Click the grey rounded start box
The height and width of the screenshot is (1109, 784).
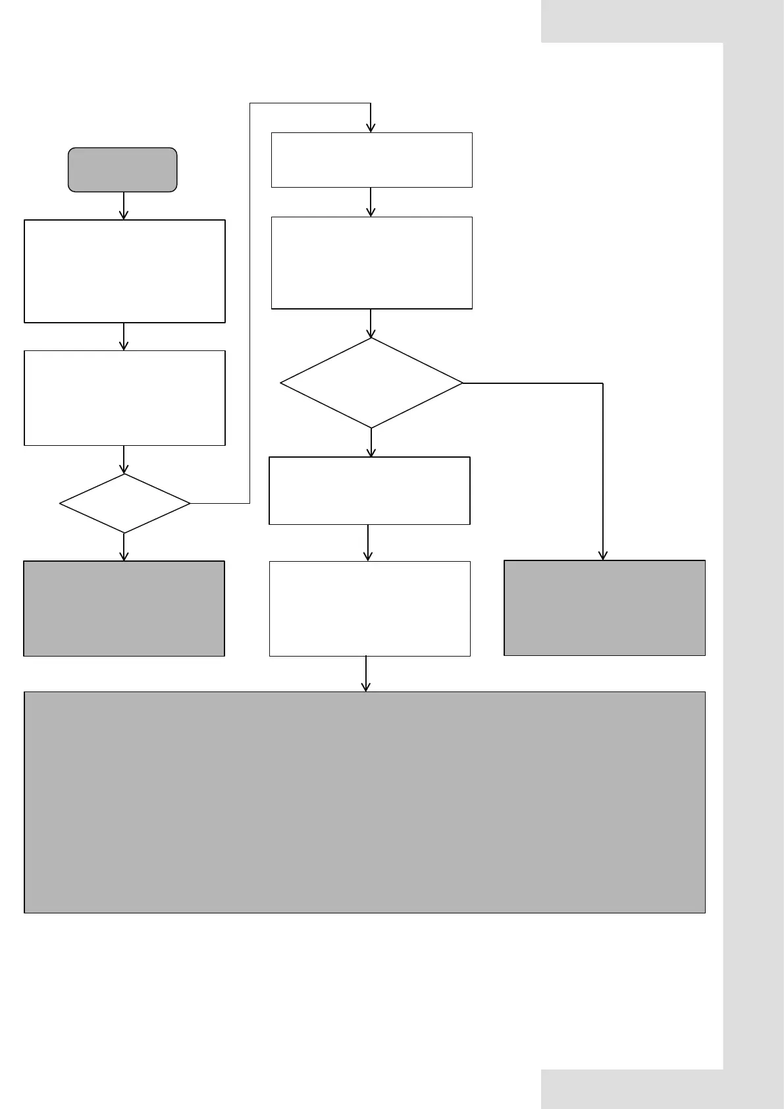[122, 170]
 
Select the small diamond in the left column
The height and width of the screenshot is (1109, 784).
[124, 504]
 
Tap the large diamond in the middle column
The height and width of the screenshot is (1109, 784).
[371, 383]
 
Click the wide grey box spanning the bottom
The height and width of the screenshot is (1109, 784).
[365, 802]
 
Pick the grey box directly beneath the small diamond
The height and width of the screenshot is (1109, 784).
[124, 609]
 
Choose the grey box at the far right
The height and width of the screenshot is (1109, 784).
[604, 608]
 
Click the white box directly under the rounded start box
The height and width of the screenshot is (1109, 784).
[124, 271]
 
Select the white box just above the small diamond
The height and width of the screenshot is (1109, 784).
[124, 398]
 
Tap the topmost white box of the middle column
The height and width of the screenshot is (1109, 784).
[371, 160]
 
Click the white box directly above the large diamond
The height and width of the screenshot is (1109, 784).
[371, 263]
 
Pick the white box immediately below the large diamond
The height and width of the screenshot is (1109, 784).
[369, 491]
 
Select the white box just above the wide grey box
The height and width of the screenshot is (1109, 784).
[369, 609]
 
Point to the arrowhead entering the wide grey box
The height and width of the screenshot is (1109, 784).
[366, 688]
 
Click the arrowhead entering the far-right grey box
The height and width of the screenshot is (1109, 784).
[603, 556]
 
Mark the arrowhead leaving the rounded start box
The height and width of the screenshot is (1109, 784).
[124, 215]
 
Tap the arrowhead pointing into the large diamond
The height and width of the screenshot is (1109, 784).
[371, 334]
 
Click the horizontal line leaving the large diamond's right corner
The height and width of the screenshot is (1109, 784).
[533, 383]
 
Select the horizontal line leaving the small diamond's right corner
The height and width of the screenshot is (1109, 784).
[220, 504]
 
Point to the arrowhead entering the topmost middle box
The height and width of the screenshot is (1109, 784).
[371, 128]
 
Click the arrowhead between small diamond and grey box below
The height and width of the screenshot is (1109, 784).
[124, 556]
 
